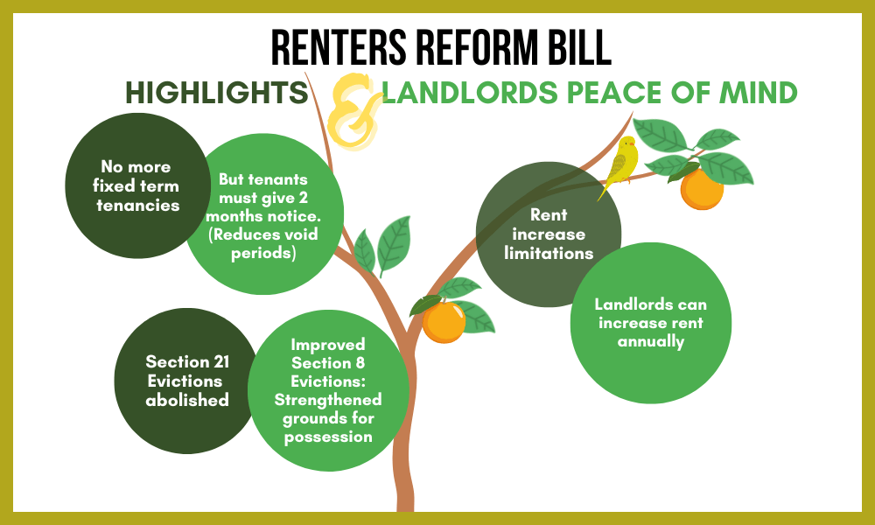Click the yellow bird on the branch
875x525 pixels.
pyautogui.click(x=623, y=163)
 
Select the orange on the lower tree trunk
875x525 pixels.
pyautogui.click(x=444, y=321)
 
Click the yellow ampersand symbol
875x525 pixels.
pyautogui.click(x=354, y=115)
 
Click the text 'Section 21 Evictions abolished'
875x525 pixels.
pyautogui.click(x=184, y=381)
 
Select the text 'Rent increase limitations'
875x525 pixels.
pyautogui.click(x=549, y=234)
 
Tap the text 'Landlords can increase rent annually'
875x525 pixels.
pyautogui.click(x=650, y=323)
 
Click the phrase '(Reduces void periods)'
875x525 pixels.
pyautogui.click(x=262, y=244)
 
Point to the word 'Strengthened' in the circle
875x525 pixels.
pyautogui.click(x=328, y=399)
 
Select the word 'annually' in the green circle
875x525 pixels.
pyautogui.click(x=650, y=341)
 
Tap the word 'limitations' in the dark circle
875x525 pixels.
pyautogui.click(x=549, y=253)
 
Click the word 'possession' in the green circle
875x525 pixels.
pyautogui.click(x=328, y=436)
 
